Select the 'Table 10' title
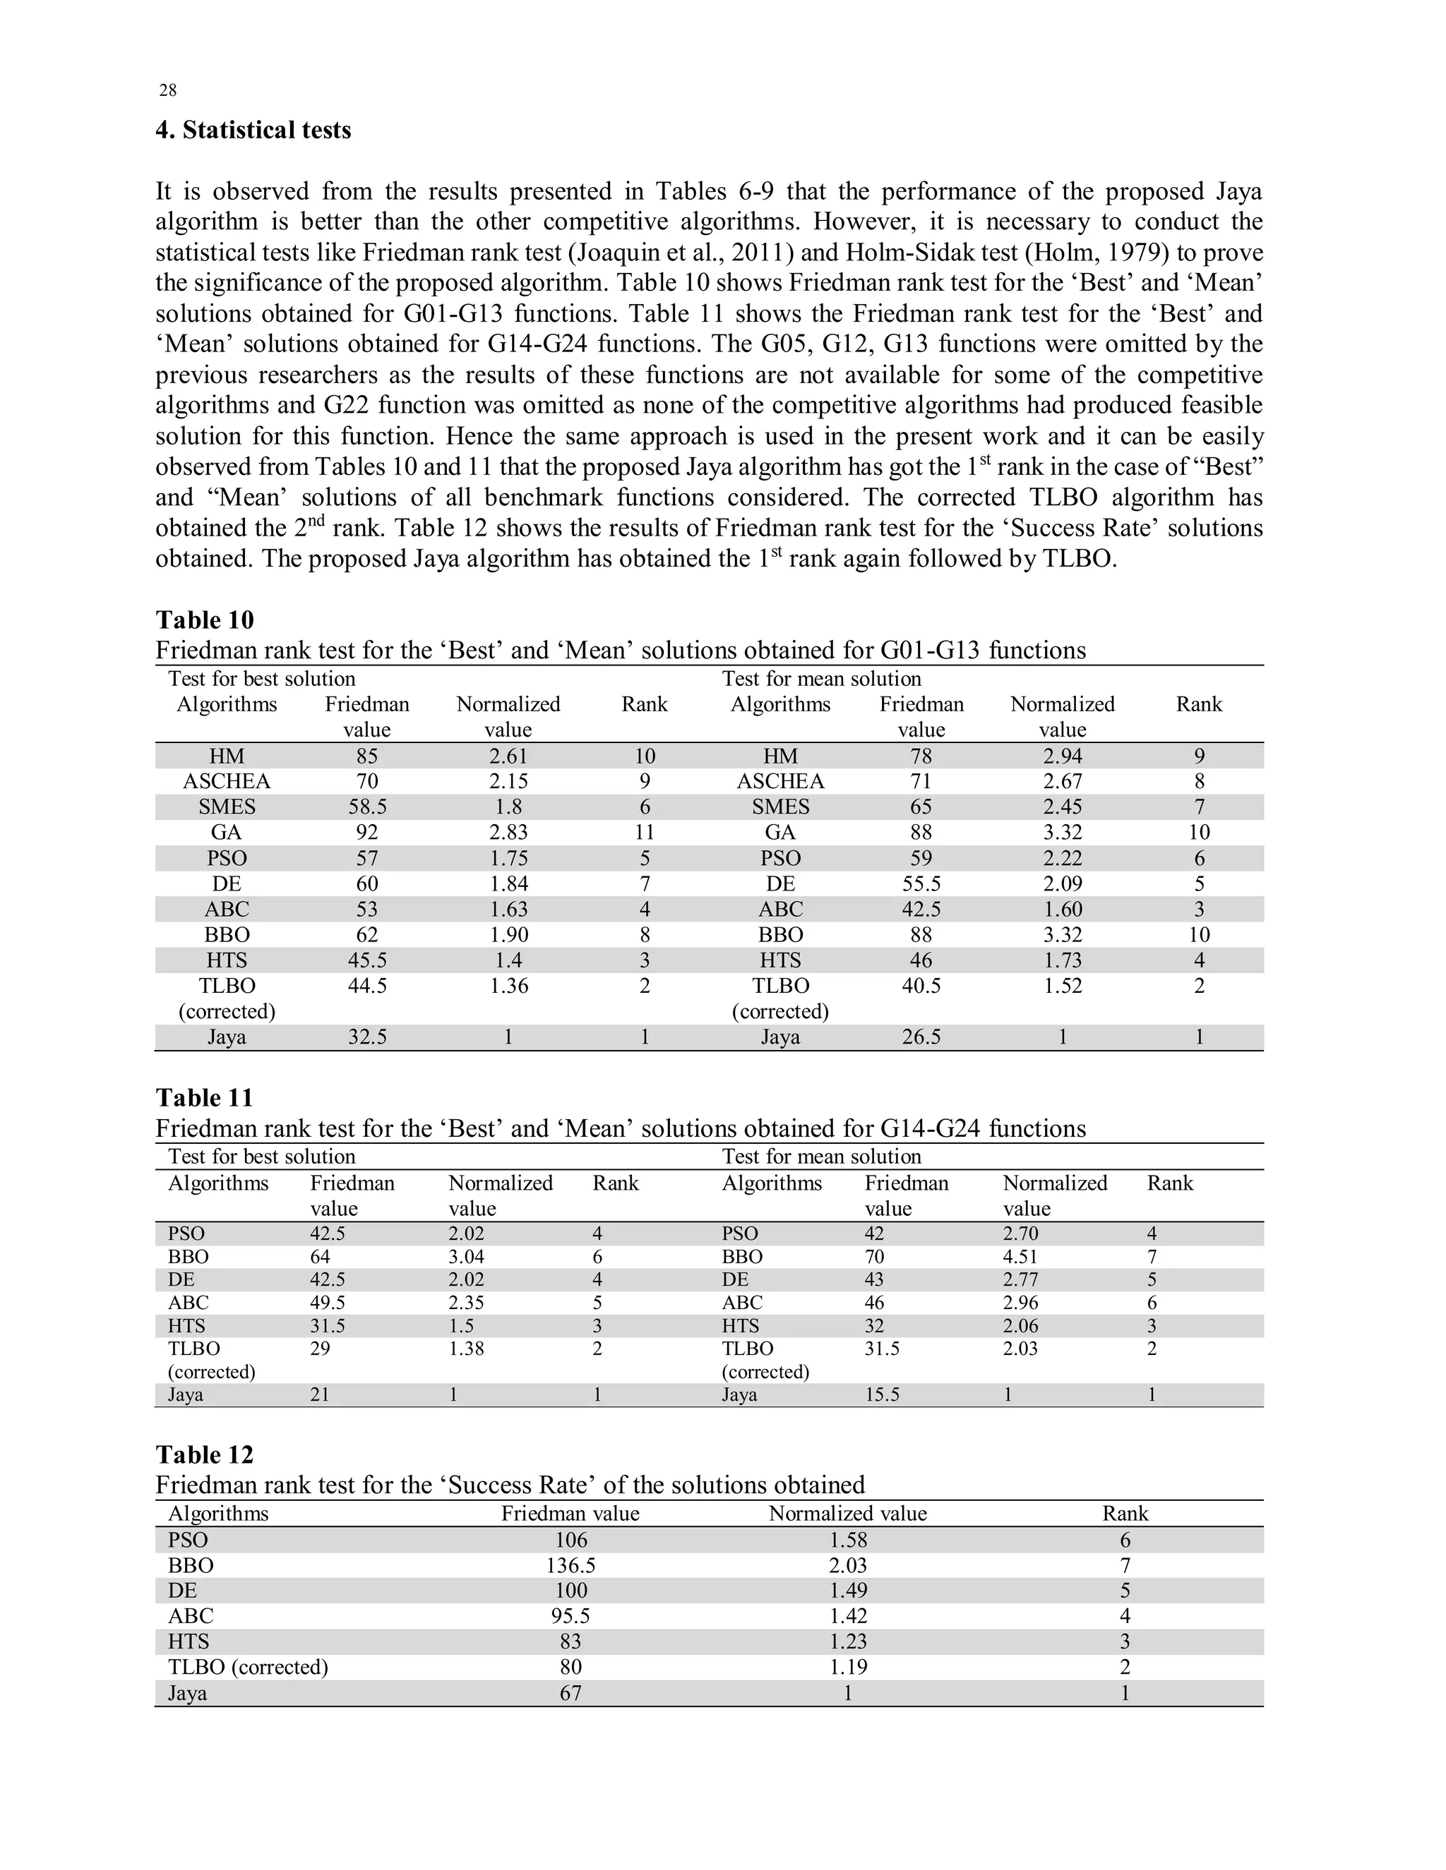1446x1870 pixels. (205, 620)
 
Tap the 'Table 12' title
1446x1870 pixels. (205, 1455)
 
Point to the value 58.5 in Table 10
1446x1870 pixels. (366, 807)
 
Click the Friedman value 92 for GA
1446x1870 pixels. (366, 832)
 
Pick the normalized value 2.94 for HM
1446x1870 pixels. (1062, 756)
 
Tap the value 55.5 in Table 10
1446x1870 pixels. (921, 883)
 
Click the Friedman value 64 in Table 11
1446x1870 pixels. (320, 1257)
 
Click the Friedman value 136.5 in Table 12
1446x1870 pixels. (570, 1565)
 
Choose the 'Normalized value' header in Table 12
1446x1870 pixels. (847, 1513)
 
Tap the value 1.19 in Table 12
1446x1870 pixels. (847, 1666)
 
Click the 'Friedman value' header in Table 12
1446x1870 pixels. (570, 1513)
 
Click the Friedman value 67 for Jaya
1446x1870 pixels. (570, 1693)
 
